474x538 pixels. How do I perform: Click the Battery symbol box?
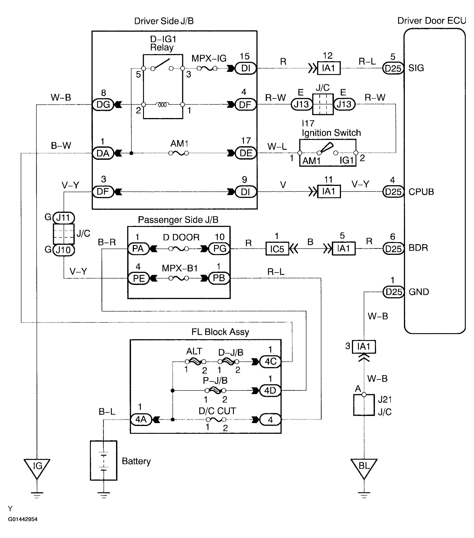click(x=103, y=460)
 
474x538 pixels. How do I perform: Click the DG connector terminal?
click(x=103, y=105)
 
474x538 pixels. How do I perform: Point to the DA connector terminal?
click(x=103, y=153)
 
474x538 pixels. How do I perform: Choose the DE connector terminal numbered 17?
click(x=245, y=153)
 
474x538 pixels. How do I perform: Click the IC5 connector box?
click(x=277, y=249)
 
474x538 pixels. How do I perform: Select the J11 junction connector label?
click(x=64, y=218)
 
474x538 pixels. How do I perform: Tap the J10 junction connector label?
click(x=64, y=250)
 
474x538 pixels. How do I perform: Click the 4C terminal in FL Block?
click(x=270, y=362)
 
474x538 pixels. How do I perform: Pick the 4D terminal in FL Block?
click(x=270, y=391)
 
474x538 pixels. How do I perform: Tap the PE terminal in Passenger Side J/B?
click(x=139, y=278)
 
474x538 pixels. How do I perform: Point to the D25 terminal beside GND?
click(x=393, y=292)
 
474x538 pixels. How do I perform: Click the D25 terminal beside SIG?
click(x=393, y=69)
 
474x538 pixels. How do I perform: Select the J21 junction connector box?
click(x=364, y=405)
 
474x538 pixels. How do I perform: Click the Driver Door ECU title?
click(x=432, y=21)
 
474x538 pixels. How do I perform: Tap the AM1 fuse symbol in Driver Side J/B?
click(x=179, y=153)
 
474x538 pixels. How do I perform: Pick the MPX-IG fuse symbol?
click(x=207, y=69)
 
